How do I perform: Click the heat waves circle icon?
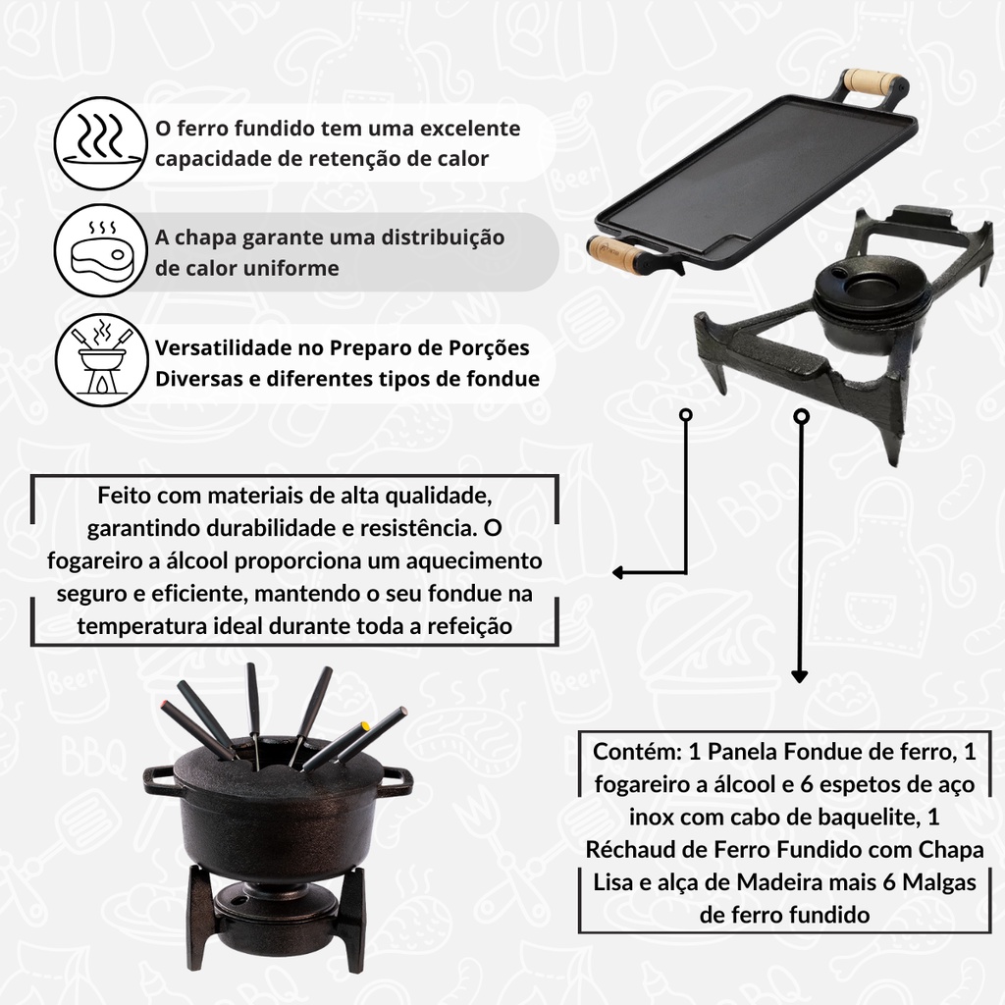pyautogui.click(x=100, y=143)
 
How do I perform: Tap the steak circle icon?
pyautogui.click(x=100, y=250)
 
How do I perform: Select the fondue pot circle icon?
pyautogui.click(x=100, y=359)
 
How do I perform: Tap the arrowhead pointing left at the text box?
pyautogui.click(x=618, y=572)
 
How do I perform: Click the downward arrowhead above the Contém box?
pyautogui.click(x=799, y=676)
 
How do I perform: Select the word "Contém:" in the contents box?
pyautogui.click(x=637, y=751)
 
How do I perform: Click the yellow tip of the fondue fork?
pyautogui.click(x=365, y=726)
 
